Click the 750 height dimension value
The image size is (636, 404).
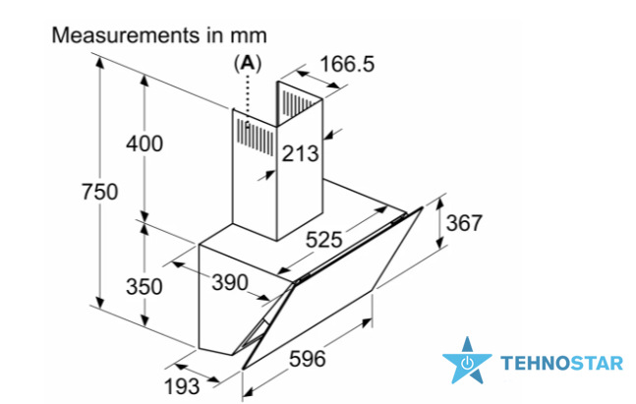tap(100, 192)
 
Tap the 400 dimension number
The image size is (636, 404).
tap(145, 144)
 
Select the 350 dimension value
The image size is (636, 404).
tap(144, 286)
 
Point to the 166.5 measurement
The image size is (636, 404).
tap(347, 64)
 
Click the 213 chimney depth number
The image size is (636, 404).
tap(300, 153)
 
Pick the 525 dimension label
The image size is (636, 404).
tap(323, 239)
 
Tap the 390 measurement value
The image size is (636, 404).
tap(230, 282)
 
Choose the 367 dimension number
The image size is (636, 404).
tap(464, 223)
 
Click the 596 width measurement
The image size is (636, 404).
tap(307, 359)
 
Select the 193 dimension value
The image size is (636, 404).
tap(182, 386)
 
